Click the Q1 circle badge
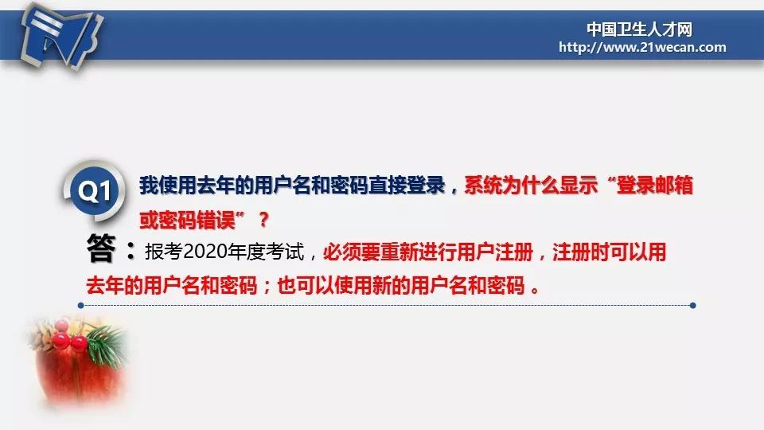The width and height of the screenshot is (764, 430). (94, 190)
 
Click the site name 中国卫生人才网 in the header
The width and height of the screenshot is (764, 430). (639, 29)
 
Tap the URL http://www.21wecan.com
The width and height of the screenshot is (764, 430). (642, 47)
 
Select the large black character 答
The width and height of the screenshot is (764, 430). (101, 248)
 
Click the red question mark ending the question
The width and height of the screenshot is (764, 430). (263, 221)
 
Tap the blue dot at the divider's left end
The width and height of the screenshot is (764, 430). (81, 306)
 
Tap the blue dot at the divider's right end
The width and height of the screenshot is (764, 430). (693, 306)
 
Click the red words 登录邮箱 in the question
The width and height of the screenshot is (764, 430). (655, 186)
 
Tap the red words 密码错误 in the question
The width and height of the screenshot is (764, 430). (197, 221)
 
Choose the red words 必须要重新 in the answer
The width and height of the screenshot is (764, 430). (370, 252)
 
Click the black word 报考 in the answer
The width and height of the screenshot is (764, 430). (164, 252)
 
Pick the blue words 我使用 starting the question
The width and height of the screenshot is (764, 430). (168, 186)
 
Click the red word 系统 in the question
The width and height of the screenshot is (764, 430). (483, 186)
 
